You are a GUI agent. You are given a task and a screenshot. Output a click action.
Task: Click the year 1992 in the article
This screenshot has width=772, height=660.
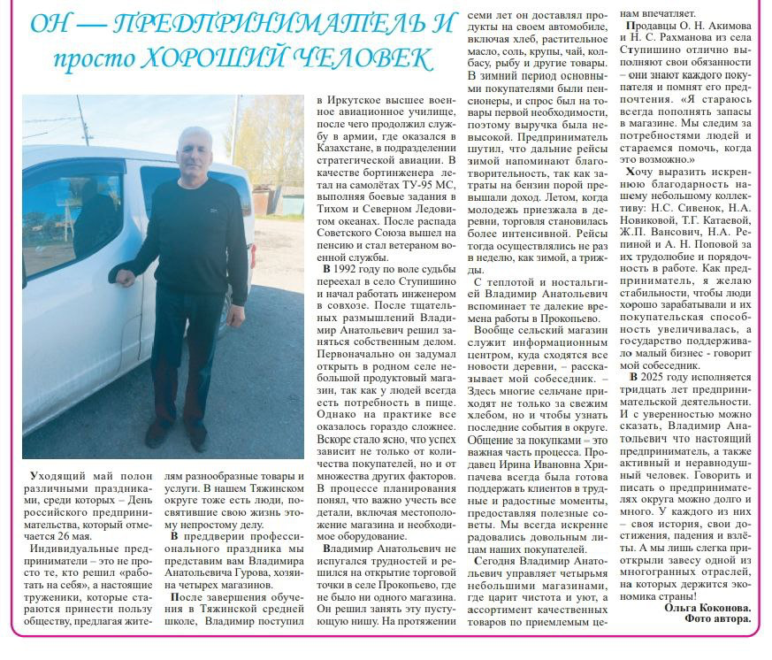coord(348,266)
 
